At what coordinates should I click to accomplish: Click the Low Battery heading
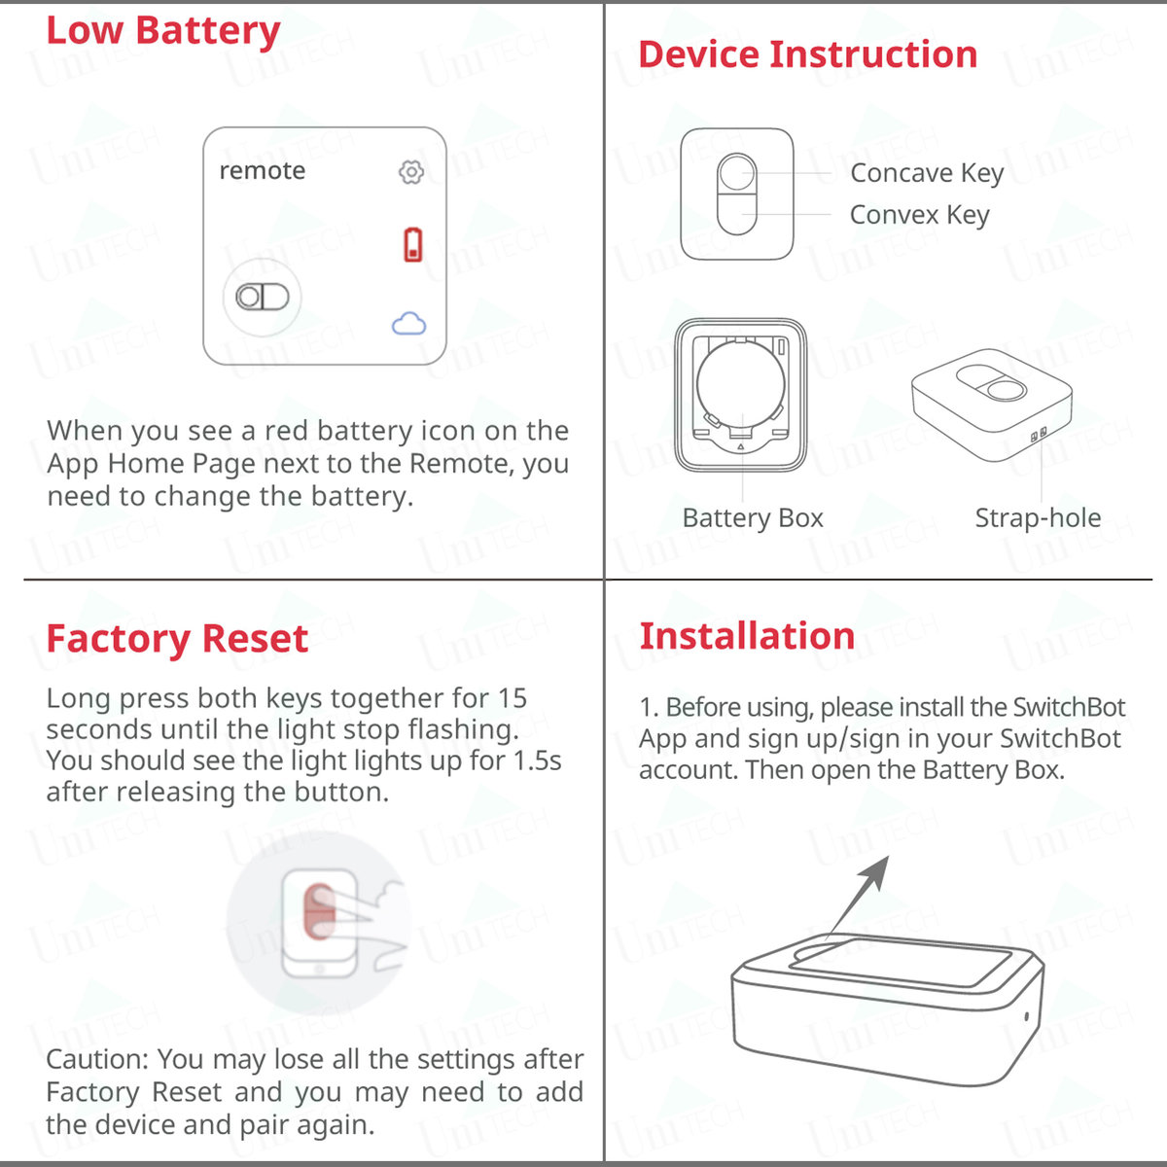pyautogui.click(x=163, y=31)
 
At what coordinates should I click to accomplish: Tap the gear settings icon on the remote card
pyautogui.click(x=411, y=172)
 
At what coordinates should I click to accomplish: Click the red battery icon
pyautogui.click(x=413, y=244)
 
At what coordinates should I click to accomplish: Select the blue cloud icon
pyautogui.click(x=408, y=324)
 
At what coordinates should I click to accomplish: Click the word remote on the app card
pyautogui.click(x=262, y=171)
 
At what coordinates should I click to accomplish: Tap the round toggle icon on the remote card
pyautogui.click(x=263, y=297)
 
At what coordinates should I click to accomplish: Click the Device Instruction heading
pyautogui.click(x=807, y=54)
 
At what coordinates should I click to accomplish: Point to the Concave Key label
pyautogui.click(x=926, y=173)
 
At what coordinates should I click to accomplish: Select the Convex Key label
pyautogui.click(x=919, y=215)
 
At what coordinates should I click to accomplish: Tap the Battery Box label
pyautogui.click(x=752, y=518)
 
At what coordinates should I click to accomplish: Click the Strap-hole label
pyautogui.click(x=1038, y=518)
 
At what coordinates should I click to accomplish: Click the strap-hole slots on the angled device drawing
pyautogui.click(x=1039, y=435)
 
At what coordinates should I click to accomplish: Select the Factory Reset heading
pyautogui.click(x=177, y=639)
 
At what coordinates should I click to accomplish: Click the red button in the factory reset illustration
pyautogui.click(x=319, y=912)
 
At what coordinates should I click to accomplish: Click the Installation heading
pyautogui.click(x=747, y=636)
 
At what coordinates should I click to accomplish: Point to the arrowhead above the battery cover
pyautogui.click(x=878, y=868)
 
